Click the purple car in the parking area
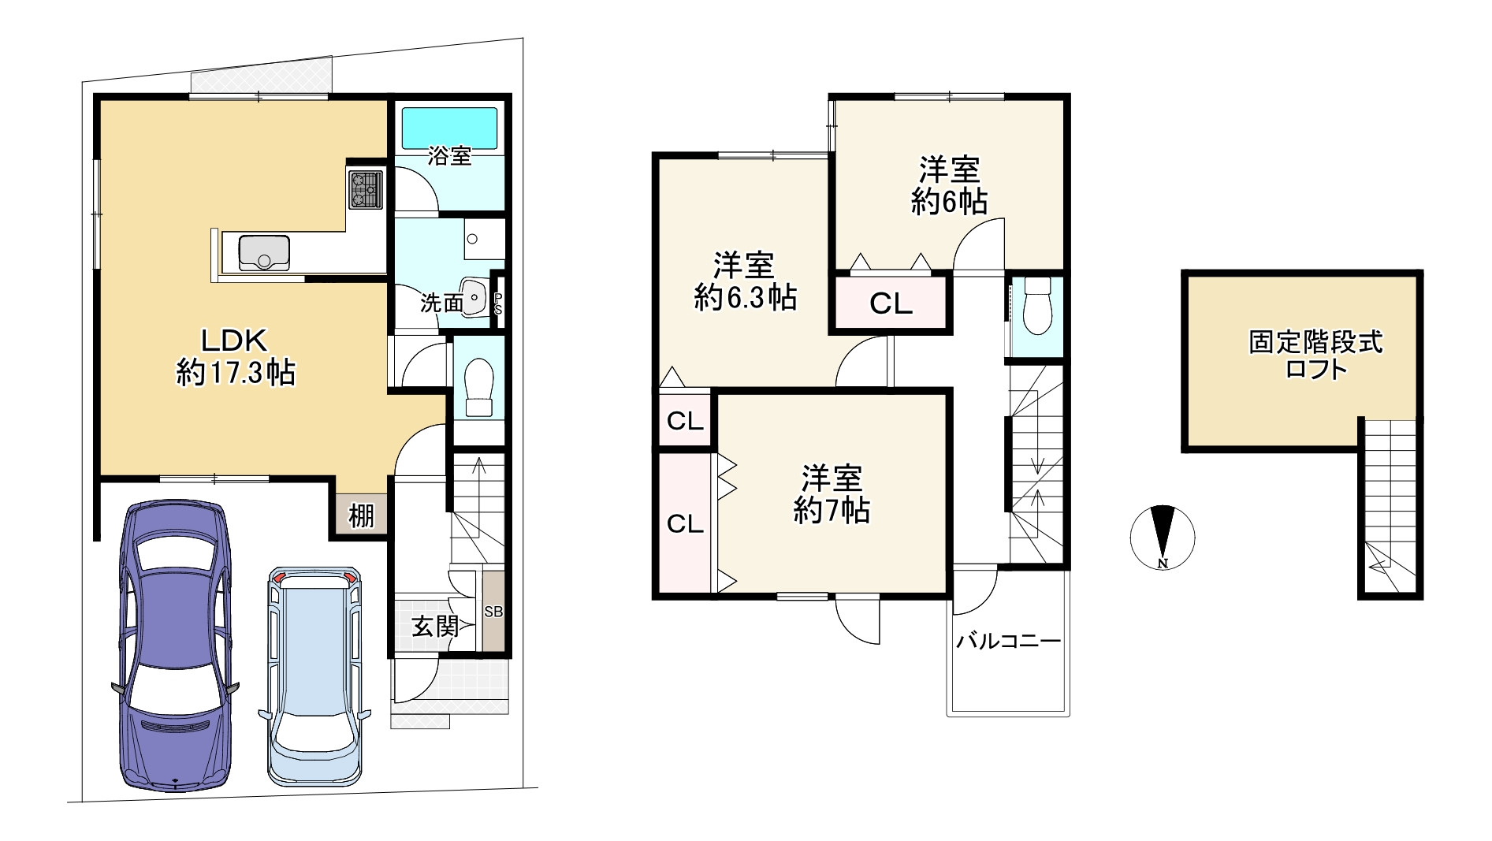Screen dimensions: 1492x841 point(174,646)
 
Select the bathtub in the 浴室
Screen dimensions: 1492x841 point(450,128)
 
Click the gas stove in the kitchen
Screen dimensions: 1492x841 point(364,190)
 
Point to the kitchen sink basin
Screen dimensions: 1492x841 point(265,252)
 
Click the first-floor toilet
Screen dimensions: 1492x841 point(478,387)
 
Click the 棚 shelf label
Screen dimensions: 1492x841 point(361,517)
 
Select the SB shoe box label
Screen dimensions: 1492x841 point(493,612)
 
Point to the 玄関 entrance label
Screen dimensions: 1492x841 point(435,627)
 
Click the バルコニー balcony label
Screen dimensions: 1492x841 point(1009,642)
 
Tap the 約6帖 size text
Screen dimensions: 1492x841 point(949,203)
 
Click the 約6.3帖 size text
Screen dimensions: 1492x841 point(745,298)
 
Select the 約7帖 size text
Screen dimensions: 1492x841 point(832,512)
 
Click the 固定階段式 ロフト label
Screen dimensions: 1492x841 point(1315,355)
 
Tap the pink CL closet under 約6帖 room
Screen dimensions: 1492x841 point(891,303)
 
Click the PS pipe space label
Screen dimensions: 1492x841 point(497,303)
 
